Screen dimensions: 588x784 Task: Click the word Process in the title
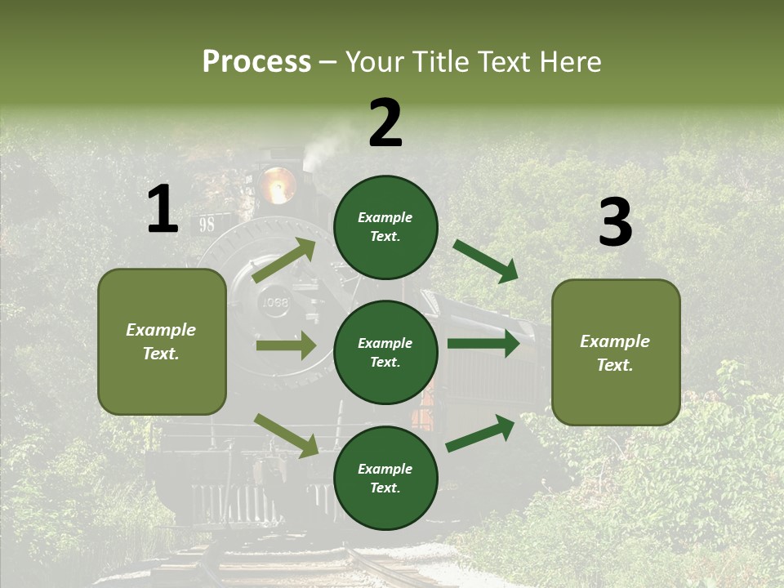pos(256,61)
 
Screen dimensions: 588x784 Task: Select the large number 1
pos(163,210)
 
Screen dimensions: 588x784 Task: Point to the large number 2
pos(385,123)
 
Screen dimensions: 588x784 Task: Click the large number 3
pos(615,222)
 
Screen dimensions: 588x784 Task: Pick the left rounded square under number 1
pos(162,341)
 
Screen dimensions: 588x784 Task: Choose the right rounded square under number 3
pos(616,353)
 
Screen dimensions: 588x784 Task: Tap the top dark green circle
pos(385,227)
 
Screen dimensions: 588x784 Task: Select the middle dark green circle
pos(385,352)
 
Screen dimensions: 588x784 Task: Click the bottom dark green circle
pos(385,478)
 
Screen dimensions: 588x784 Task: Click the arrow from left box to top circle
pos(284,261)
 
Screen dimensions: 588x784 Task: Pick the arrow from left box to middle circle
pos(286,345)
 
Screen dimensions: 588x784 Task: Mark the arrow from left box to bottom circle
pos(287,434)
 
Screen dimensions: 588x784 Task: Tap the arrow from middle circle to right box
pos(483,344)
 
